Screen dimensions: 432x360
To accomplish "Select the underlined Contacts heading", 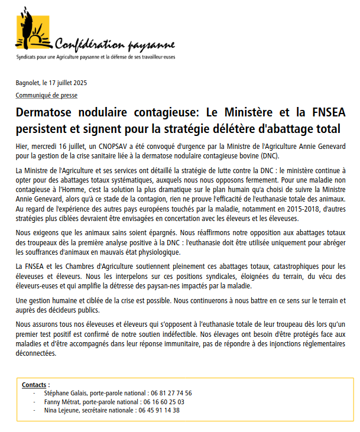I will click(x=35, y=385).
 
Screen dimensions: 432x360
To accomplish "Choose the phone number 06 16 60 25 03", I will click(x=160, y=401).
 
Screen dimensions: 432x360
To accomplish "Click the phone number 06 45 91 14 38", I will click(x=160, y=410).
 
